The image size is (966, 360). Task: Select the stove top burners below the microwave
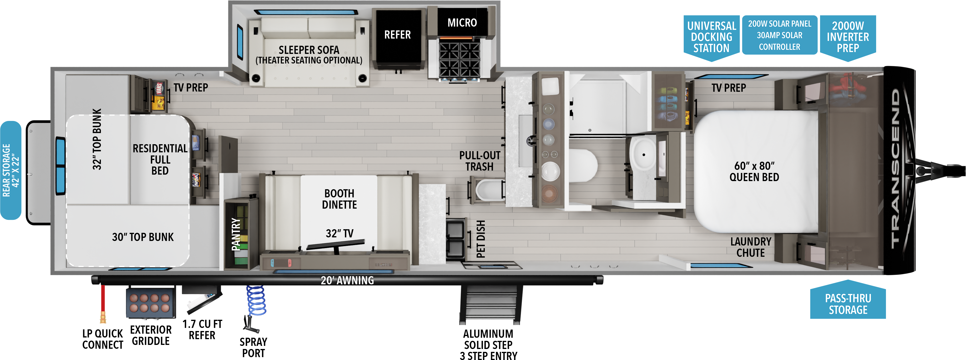click(459, 60)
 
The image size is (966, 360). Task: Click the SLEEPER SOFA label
click(309, 50)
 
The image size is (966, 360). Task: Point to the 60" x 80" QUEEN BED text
click(754, 171)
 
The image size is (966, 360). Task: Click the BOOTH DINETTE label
click(339, 199)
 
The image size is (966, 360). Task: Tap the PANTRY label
click(236, 234)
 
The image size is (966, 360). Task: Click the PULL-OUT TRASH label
click(480, 161)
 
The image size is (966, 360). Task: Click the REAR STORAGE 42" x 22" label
click(11, 170)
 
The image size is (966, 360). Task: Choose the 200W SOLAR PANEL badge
click(780, 35)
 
